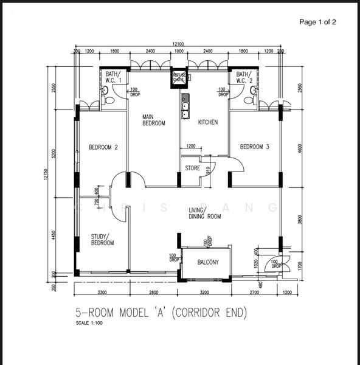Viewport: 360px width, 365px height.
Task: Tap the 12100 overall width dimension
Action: tap(178, 44)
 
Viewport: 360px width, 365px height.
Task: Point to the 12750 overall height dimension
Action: tap(46, 174)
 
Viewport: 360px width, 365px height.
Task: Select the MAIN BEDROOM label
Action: tap(154, 120)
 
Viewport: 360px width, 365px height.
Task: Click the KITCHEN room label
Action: tap(208, 122)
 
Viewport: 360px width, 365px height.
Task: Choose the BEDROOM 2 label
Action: tap(103, 147)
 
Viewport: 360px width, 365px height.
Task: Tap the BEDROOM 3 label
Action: tap(254, 147)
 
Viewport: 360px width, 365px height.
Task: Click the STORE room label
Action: tap(193, 168)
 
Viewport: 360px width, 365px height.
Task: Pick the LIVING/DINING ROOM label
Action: tap(204, 213)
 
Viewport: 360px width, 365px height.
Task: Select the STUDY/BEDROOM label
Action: tap(103, 240)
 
